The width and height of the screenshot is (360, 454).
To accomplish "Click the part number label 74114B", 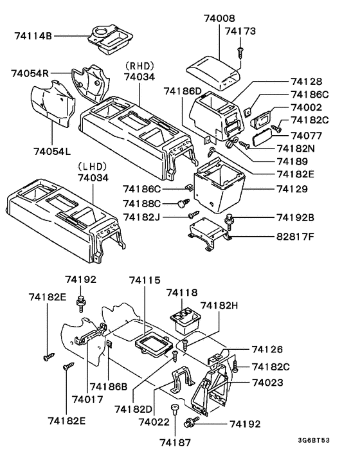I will (x=33, y=36).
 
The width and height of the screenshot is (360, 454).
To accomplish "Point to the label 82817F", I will (x=295, y=237).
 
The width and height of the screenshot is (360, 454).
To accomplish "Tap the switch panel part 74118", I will (x=185, y=316).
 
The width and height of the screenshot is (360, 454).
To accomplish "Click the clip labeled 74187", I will (x=174, y=410).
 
